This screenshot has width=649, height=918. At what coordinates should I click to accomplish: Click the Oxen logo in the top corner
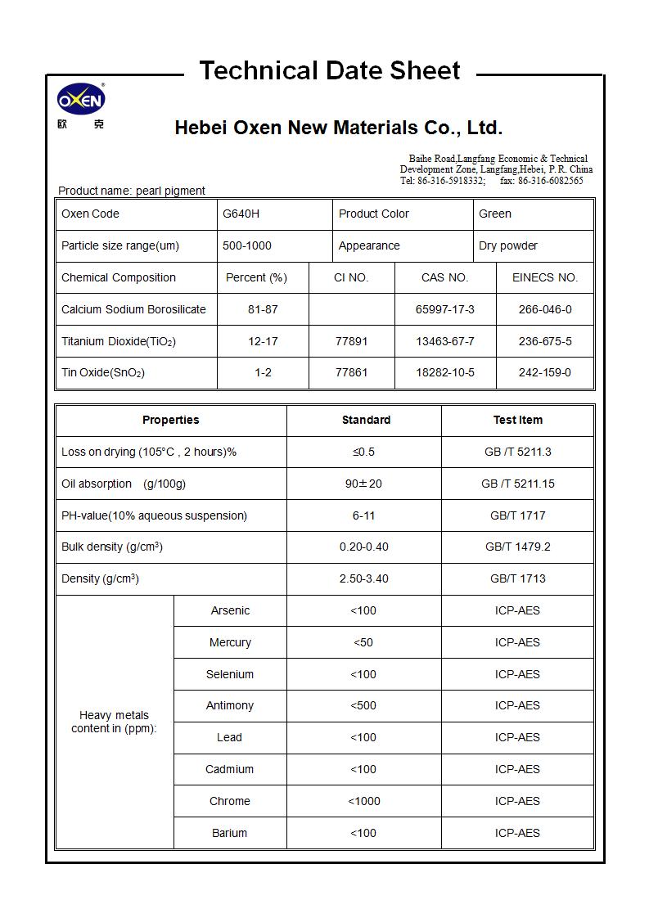pos(80,101)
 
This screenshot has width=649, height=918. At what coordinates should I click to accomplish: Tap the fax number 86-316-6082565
pos(550,180)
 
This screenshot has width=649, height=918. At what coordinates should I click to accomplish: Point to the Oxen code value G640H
pos(241,214)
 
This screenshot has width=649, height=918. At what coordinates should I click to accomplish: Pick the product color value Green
pos(494,214)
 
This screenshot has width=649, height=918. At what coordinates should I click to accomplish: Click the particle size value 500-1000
pos(246,245)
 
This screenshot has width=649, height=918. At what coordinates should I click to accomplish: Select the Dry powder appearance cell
pos(507,245)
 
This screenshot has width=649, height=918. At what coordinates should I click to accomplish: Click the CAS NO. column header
pos(444,277)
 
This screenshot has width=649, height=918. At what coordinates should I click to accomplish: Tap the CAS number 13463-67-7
pos(444,341)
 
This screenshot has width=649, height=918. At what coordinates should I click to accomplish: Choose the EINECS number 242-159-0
pos(544,372)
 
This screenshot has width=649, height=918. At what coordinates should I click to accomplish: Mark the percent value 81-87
pos(263,309)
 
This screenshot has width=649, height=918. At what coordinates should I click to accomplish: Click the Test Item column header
pos(517,420)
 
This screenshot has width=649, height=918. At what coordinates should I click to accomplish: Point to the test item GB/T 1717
pos(517,515)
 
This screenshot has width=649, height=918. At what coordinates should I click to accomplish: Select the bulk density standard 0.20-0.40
pos(363,547)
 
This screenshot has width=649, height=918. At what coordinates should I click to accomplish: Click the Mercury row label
pos(230,642)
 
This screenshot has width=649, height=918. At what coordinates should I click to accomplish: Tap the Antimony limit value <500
pos(363,705)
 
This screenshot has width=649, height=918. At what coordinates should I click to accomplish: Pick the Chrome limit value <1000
pos(363,801)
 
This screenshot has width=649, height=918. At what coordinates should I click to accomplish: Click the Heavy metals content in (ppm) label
pos(114,722)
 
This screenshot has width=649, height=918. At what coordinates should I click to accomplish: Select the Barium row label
pos(229,833)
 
